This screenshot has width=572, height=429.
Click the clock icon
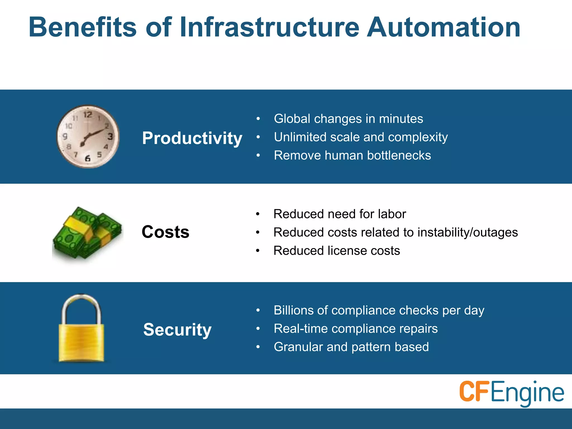point(88,137)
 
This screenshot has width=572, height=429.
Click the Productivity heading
point(192,138)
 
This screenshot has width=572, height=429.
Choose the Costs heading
point(165,232)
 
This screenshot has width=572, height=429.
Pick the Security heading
point(177,330)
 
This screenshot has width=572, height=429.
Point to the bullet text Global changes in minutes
point(348,119)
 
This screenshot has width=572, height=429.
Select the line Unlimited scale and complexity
point(361,137)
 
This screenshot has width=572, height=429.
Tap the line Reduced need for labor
point(339,214)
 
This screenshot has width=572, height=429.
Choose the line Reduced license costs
point(337,251)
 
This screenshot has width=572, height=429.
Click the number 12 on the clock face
point(88,115)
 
